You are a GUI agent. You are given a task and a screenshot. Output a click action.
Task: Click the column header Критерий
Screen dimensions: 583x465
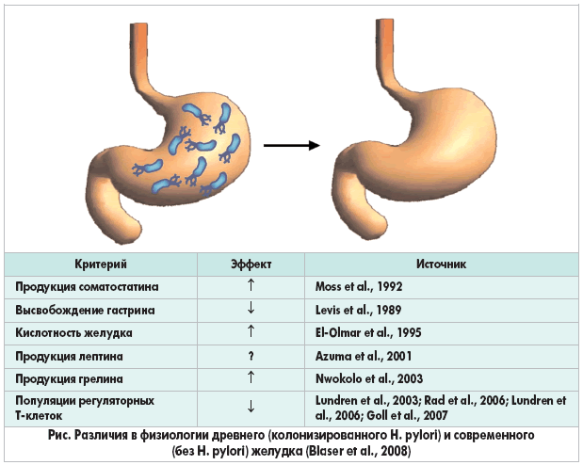tap(101, 265)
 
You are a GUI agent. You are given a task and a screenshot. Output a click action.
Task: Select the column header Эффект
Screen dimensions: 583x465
tap(251, 265)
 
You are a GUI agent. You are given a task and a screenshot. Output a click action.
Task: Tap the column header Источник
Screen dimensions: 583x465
tap(441, 265)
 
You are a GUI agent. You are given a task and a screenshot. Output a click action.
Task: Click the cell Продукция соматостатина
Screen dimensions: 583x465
tap(87, 287)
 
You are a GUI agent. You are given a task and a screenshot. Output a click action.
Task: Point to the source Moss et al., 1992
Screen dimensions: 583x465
tap(359, 286)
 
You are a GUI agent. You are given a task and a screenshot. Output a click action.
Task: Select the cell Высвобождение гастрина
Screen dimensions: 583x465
tap(85, 311)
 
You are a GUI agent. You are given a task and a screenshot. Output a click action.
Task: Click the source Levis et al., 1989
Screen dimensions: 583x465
tap(359, 310)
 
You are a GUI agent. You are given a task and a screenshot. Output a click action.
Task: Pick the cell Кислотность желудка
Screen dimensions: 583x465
tap(73, 332)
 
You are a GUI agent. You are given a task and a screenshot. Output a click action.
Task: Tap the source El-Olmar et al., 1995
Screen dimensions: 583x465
tap(368, 332)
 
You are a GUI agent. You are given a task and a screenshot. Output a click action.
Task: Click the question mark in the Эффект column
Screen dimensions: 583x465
tap(251, 356)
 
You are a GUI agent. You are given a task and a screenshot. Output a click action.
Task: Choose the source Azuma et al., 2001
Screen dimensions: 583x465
tap(364, 356)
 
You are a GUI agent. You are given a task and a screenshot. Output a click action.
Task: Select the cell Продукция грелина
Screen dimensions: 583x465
tap(69, 379)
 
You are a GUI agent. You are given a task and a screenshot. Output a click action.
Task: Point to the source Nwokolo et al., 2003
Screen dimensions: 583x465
tap(369, 378)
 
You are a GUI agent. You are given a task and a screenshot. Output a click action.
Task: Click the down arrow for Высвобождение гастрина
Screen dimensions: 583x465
tap(251, 308)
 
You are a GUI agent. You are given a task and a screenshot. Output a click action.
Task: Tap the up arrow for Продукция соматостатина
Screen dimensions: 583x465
tap(251, 285)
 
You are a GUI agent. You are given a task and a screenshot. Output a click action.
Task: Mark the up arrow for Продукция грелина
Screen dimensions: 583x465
tap(251, 377)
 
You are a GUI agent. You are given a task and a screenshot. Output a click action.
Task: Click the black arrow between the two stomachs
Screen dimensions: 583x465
tap(292, 145)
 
